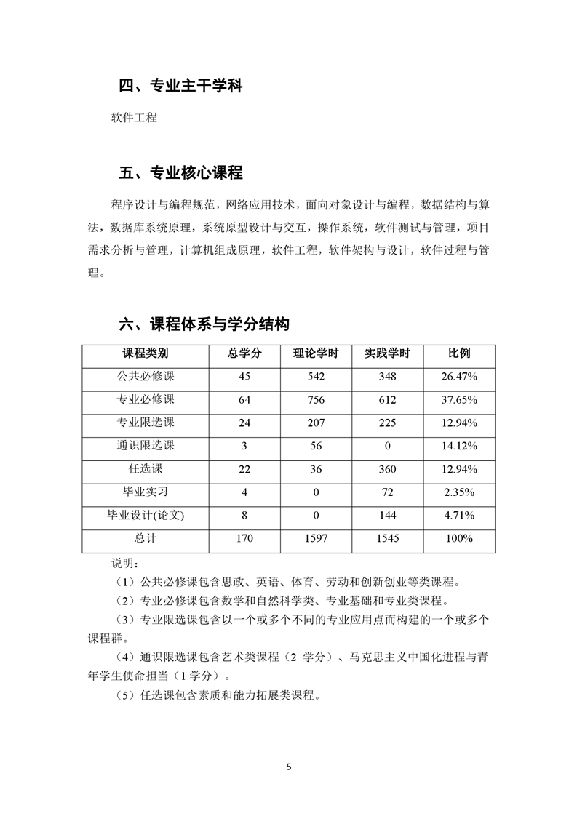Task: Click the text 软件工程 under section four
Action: pyautogui.click(x=134, y=117)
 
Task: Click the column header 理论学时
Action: pyautogui.click(x=316, y=353)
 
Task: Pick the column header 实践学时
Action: pyautogui.click(x=387, y=353)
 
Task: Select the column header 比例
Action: pyautogui.click(x=459, y=353)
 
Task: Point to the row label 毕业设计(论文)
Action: pyautogui.click(x=146, y=516)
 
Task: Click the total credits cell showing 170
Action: pyautogui.click(x=244, y=539)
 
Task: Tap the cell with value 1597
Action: pyautogui.click(x=316, y=539)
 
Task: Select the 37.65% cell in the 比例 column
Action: pyautogui.click(x=459, y=399)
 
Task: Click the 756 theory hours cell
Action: pyautogui.click(x=316, y=399)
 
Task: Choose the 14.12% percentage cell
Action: pyautogui.click(x=459, y=446)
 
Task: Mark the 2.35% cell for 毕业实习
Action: pyautogui.click(x=459, y=492)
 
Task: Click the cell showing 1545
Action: pyautogui.click(x=387, y=539)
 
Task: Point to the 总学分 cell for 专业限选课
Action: pyautogui.click(x=244, y=423)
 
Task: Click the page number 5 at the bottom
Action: pyautogui.click(x=289, y=767)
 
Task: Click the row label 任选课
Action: pyautogui.click(x=146, y=469)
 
